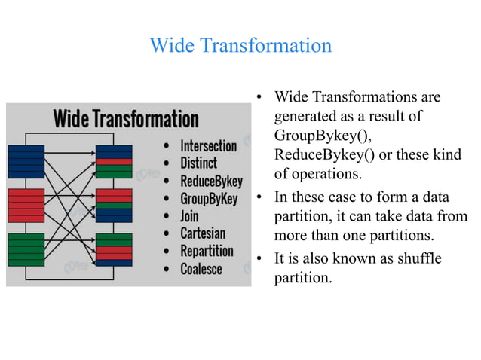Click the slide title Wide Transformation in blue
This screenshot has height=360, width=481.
(240, 46)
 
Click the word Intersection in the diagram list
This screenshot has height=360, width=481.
(208, 146)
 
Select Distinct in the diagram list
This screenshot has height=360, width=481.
(198, 163)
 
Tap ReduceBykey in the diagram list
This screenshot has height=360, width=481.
(211, 182)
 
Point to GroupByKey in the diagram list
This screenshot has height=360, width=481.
(209, 199)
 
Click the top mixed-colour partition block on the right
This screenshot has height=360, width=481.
(114, 160)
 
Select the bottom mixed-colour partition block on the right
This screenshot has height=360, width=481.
(114, 248)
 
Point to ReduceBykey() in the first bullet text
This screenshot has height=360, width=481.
(323, 155)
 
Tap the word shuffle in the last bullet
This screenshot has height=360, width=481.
(418, 259)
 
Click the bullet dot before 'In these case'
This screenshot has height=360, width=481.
(258, 199)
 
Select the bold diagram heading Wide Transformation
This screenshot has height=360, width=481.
(126, 119)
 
